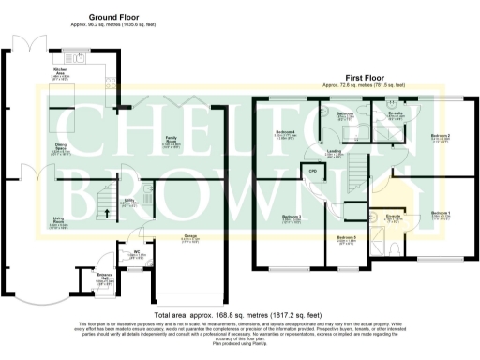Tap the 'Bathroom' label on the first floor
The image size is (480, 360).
coord(343,112)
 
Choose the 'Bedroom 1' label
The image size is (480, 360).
coord(440,214)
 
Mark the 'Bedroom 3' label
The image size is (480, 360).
coord(290,217)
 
